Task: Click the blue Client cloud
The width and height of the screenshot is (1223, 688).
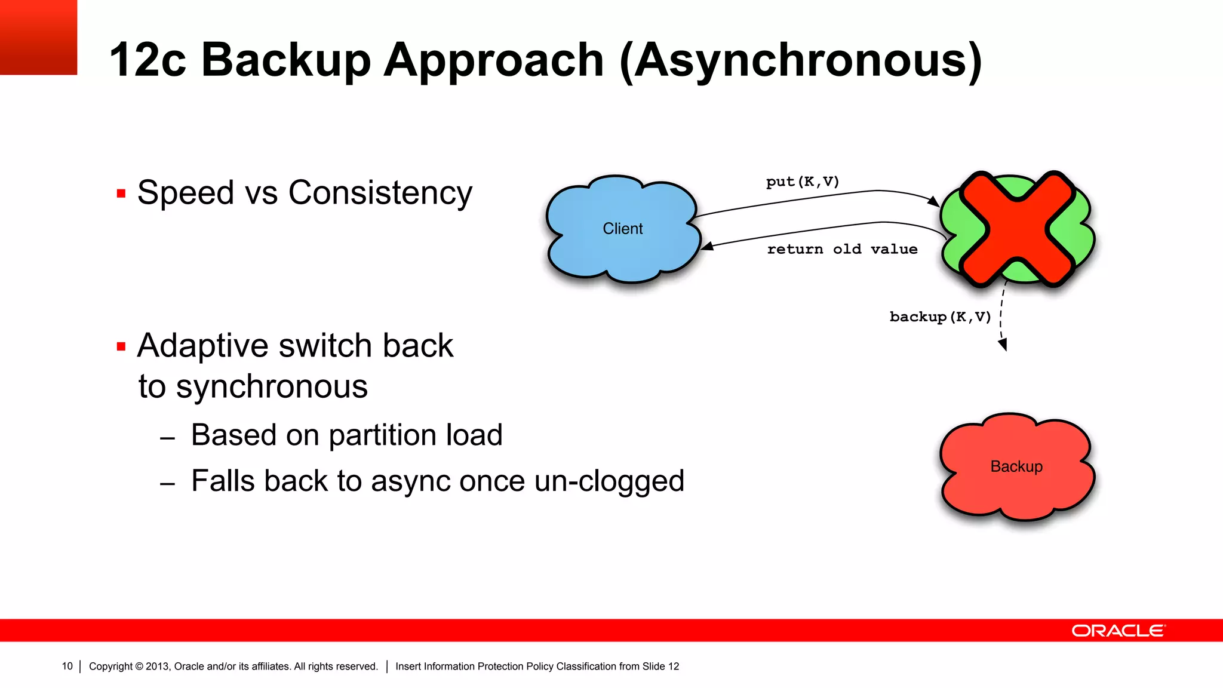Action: pos(622,229)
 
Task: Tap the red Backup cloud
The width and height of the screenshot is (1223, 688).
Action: pos(1016,466)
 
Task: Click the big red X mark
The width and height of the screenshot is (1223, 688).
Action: pos(1017,229)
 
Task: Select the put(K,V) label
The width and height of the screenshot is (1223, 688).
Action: pos(803,182)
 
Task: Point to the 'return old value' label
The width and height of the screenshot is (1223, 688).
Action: pos(842,249)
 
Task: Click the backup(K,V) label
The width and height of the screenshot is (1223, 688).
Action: pos(940,317)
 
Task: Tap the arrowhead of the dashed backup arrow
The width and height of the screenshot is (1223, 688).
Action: pos(1003,345)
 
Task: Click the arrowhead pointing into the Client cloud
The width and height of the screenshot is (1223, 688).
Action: pos(706,246)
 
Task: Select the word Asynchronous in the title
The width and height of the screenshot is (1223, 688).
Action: pos(801,61)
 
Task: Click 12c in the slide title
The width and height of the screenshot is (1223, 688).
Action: pos(148,61)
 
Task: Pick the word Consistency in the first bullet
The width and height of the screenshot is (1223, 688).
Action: pos(380,193)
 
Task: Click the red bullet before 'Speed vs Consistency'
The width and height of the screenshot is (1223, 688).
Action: pos(121,193)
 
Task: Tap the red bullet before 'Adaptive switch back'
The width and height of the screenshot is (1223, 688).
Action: pos(121,346)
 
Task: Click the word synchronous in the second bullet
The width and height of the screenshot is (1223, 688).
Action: pos(272,386)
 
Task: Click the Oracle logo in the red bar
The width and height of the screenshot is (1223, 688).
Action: pos(1118,631)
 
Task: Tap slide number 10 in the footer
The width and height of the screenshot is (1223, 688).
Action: pos(67,666)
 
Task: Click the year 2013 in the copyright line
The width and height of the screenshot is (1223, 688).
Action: pos(157,666)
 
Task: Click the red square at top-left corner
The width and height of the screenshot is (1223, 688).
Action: pos(38,37)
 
